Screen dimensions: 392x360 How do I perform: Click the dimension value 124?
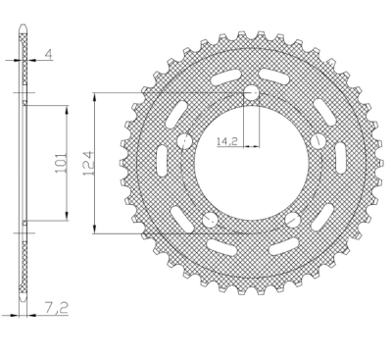pyautogui.click(x=88, y=163)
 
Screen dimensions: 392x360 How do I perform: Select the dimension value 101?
pyautogui.click(x=62, y=163)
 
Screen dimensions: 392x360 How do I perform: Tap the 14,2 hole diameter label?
pyautogui.click(x=226, y=141)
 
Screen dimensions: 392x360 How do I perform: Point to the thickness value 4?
pyautogui.click(x=48, y=54)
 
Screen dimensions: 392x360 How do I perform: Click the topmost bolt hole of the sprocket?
pyautogui.click(x=251, y=93)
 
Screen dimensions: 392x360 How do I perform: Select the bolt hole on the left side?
pyautogui.click(x=184, y=141)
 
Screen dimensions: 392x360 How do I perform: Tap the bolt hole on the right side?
pyautogui.click(x=318, y=141)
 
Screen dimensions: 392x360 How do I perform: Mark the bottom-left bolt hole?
pyautogui.click(x=210, y=220)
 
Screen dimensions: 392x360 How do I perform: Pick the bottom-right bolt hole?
pyautogui.click(x=292, y=220)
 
